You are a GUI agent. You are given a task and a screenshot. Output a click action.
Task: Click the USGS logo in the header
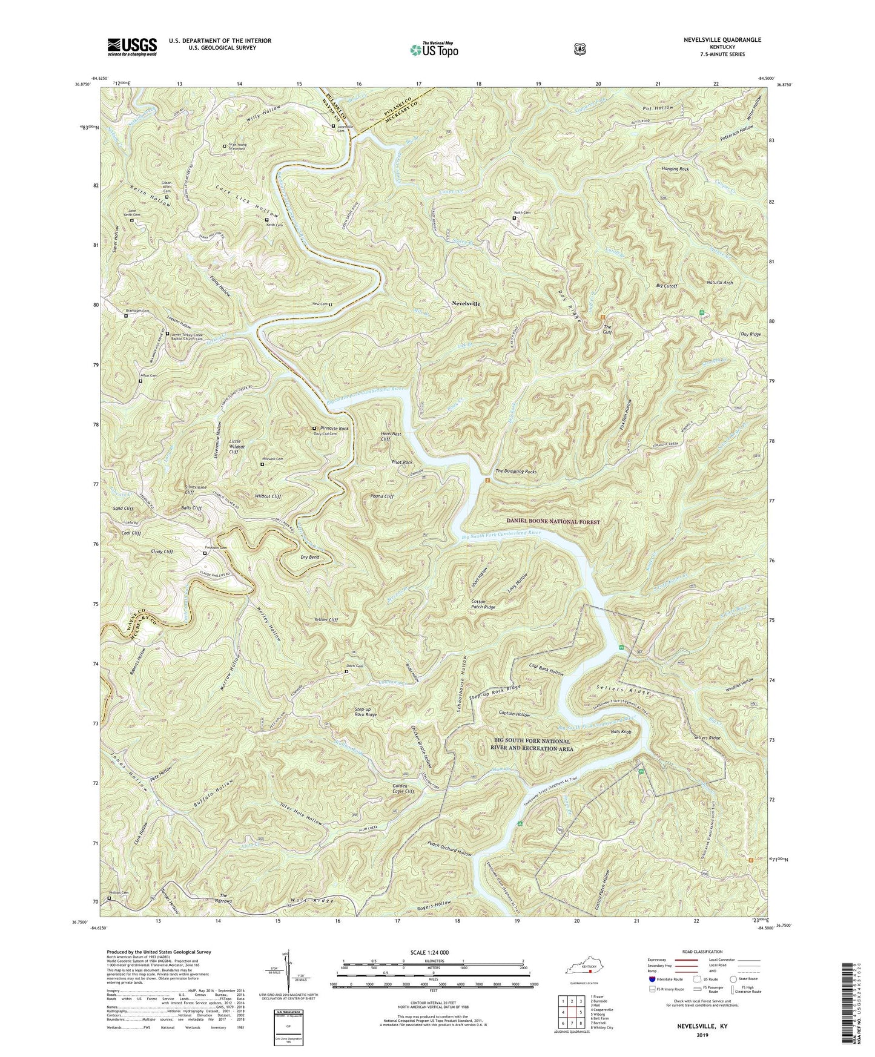tap(132, 47)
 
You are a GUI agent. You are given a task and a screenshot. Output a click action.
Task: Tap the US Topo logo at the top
tap(432, 49)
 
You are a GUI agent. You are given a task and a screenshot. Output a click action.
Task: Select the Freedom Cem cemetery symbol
tap(205, 553)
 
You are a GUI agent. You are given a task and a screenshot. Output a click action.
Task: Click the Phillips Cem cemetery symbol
tap(109, 898)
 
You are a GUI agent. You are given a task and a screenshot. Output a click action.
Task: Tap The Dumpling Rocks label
tap(516, 471)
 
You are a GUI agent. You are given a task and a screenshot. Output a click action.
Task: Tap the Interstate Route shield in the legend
tap(652, 978)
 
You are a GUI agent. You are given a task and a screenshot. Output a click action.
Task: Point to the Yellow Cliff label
tap(326, 620)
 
